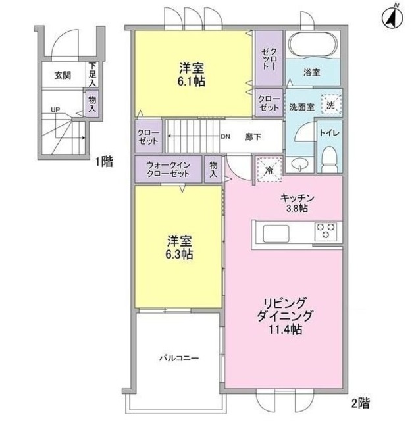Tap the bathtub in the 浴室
(313, 44)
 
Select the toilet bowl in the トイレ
(330, 159)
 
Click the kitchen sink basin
(276, 234)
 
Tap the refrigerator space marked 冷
(269, 169)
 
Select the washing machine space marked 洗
(331, 105)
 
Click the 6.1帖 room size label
(192, 81)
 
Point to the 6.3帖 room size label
(179, 254)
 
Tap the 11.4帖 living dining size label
(286, 329)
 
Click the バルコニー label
(179, 358)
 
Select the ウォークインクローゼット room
(169, 169)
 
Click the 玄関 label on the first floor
(63, 75)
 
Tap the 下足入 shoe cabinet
(92, 74)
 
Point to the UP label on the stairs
(55, 110)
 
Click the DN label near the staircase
(226, 137)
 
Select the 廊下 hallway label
(253, 137)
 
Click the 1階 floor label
(105, 162)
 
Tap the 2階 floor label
(360, 403)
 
